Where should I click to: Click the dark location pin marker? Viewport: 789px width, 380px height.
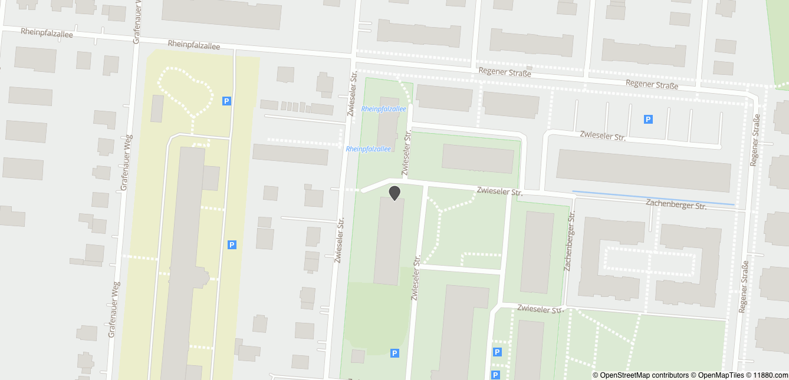pyautogui.click(x=394, y=192)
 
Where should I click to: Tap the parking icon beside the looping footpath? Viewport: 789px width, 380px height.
pyautogui.click(x=226, y=101)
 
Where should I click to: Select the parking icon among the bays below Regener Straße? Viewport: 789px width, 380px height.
pyautogui.click(x=648, y=119)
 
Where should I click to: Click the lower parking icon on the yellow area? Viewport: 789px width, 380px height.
pyautogui.click(x=232, y=244)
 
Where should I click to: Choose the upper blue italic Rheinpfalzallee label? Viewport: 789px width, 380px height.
pyautogui.click(x=383, y=109)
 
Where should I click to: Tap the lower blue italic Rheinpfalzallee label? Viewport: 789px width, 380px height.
pyautogui.click(x=368, y=149)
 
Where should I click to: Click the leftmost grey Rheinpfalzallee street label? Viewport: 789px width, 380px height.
pyautogui.click(x=47, y=33)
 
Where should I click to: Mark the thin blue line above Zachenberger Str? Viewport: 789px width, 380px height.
pyautogui.click(x=653, y=198)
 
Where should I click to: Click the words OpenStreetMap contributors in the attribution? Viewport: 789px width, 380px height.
pyautogui.click(x=643, y=375)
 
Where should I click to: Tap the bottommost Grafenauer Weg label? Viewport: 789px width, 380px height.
pyautogui.click(x=114, y=309)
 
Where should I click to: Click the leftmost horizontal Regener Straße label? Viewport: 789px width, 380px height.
pyautogui.click(x=505, y=72)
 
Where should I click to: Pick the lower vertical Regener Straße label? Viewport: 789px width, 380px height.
pyautogui.click(x=744, y=286)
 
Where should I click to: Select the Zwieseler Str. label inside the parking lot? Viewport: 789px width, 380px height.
pyautogui.click(x=602, y=137)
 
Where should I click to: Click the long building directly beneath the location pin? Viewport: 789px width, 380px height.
pyautogui.click(x=389, y=240)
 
